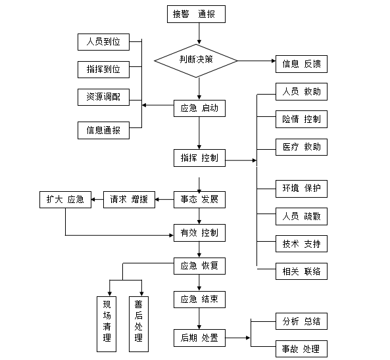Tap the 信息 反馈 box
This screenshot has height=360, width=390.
click(x=301, y=64)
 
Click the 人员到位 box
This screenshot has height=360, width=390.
click(x=103, y=43)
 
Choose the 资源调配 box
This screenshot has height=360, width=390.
click(x=103, y=97)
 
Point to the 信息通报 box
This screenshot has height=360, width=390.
click(x=103, y=130)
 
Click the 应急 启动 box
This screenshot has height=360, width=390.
click(x=199, y=108)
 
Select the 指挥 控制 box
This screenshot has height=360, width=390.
click(x=199, y=158)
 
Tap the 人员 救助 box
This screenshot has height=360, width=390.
click(x=301, y=92)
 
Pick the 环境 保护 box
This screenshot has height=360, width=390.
click(x=301, y=189)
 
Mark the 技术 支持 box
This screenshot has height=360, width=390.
click(x=301, y=244)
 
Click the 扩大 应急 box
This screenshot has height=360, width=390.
click(x=65, y=199)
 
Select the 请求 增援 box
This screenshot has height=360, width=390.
click(x=129, y=199)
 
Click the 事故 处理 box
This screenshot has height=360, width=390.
click(x=301, y=348)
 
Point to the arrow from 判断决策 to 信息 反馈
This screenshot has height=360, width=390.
click(x=256, y=61)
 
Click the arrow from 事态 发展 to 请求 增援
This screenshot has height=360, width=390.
click(x=164, y=199)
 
